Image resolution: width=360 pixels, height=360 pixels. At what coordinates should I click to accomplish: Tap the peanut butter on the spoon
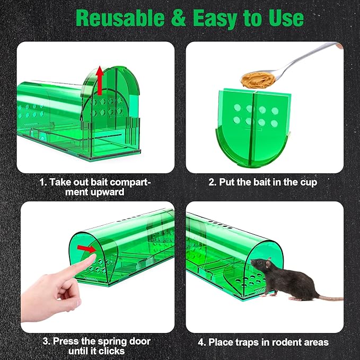(x=253, y=80)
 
